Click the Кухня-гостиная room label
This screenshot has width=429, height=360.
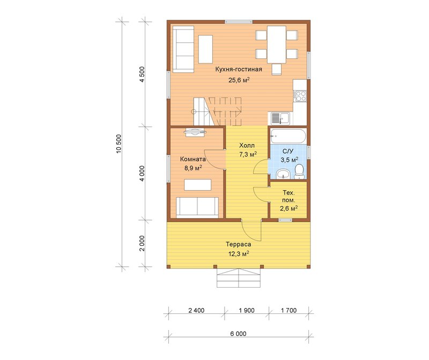(x=239, y=69)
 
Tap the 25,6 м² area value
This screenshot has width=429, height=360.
(x=239, y=80)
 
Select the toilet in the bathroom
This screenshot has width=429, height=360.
(x=299, y=171)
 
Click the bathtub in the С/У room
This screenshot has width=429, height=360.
(x=288, y=136)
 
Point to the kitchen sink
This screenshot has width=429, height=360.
(x=280, y=118)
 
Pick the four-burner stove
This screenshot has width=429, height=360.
(x=300, y=96)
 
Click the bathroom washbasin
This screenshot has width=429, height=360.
(x=283, y=174)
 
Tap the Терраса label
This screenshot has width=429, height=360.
(x=238, y=244)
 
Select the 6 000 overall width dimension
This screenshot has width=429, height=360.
(x=238, y=334)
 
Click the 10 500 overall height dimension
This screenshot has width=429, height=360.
(x=119, y=144)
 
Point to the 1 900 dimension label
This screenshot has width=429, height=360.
(x=247, y=310)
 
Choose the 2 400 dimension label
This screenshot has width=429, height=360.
(x=196, y=310)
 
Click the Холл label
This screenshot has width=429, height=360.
(x=247, y=145)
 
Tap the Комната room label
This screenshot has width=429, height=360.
(x=193, y=159)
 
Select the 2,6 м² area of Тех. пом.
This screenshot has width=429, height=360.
(x=289, y=208)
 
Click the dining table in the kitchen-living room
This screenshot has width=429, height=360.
(x=277, y=44)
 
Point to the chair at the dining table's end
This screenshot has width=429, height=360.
(x=277, y=69)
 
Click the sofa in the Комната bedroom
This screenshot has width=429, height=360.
(x=197, y=207)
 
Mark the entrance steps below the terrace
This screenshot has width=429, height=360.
(x=239, y=277)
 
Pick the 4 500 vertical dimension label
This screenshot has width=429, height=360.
(x=142, y=74)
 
